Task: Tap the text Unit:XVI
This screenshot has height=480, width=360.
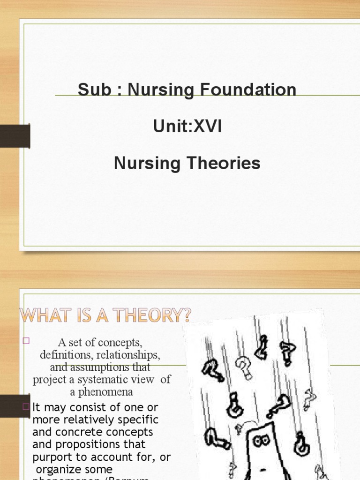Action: click(187, 127)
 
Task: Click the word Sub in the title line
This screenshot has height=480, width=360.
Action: click(94, 90)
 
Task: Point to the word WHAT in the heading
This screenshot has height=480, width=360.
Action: click(44, 315)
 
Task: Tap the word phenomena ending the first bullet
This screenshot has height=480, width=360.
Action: click(102, 391)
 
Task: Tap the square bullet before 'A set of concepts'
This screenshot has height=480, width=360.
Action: click(26, 341)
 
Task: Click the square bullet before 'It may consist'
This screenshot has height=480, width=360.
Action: click(26, 406)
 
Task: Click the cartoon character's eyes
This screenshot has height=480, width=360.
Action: click(261, 440)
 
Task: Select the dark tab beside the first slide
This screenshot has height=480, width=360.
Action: click(15, 136)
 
